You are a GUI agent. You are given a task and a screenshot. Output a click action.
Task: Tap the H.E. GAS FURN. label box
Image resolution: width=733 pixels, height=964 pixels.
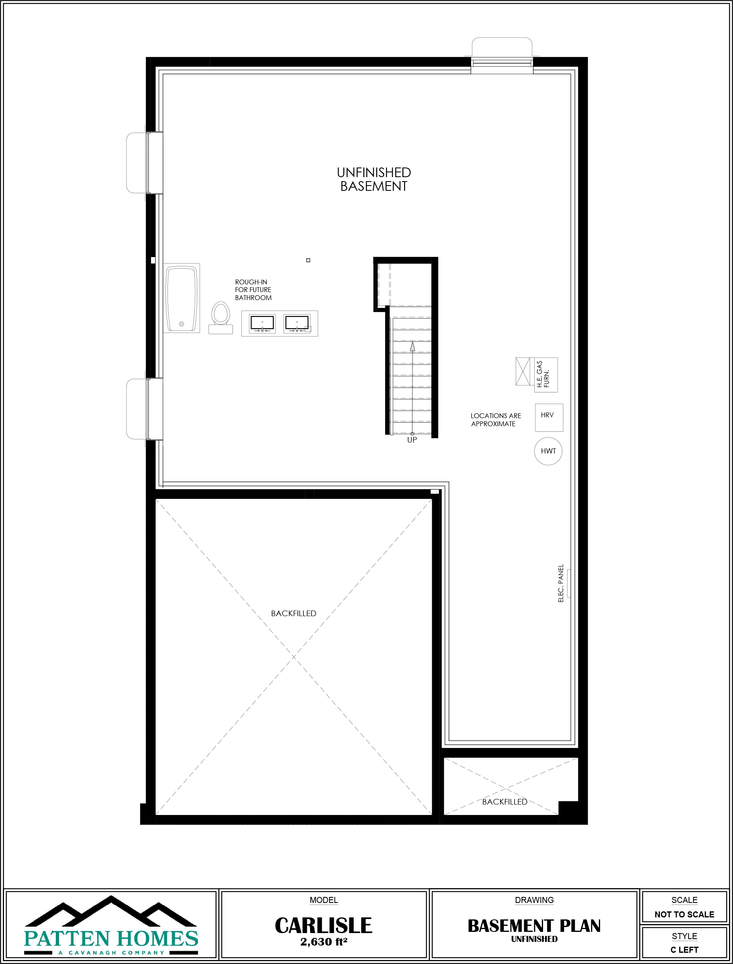pos(546,375)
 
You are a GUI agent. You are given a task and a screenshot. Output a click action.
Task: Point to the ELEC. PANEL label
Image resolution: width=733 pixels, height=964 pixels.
pos(561,583)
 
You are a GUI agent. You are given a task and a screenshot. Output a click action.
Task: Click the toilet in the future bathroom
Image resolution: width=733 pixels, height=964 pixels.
pos(221,318)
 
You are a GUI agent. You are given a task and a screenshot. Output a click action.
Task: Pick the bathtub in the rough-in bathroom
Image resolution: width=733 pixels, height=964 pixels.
pos(182,298)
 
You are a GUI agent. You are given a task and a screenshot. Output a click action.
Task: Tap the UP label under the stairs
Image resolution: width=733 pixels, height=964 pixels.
pos(412,440)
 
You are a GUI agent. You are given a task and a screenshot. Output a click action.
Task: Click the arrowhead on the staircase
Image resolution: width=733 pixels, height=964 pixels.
pos(412,347)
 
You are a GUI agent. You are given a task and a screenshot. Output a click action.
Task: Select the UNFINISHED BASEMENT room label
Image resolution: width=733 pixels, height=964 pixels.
pos(374,180)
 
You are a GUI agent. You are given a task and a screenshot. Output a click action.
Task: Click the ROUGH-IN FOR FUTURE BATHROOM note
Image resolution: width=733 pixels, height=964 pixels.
pos(253,290)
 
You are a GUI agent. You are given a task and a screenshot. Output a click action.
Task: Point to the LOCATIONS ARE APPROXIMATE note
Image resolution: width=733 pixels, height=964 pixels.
pos(496,420)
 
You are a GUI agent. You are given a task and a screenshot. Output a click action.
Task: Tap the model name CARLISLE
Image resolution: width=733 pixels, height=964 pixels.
pos(323,925)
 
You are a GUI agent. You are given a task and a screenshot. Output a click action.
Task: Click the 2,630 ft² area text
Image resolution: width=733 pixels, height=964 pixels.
pos(323,942)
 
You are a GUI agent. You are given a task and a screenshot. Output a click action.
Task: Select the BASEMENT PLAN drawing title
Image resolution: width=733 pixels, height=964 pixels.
pos(534,926)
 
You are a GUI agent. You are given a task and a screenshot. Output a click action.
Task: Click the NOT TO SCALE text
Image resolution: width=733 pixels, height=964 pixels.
pos(684,914)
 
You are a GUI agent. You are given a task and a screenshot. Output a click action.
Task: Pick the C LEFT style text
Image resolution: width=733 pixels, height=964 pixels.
pos(684,950)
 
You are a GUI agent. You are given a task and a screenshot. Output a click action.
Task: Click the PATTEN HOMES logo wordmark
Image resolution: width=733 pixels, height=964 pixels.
pos(111,938)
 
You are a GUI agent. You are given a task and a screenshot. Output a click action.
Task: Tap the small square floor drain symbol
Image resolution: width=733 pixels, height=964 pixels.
pos(308,260)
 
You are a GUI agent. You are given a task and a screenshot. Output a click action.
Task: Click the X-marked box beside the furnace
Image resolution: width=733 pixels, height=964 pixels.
pos(523,372)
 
